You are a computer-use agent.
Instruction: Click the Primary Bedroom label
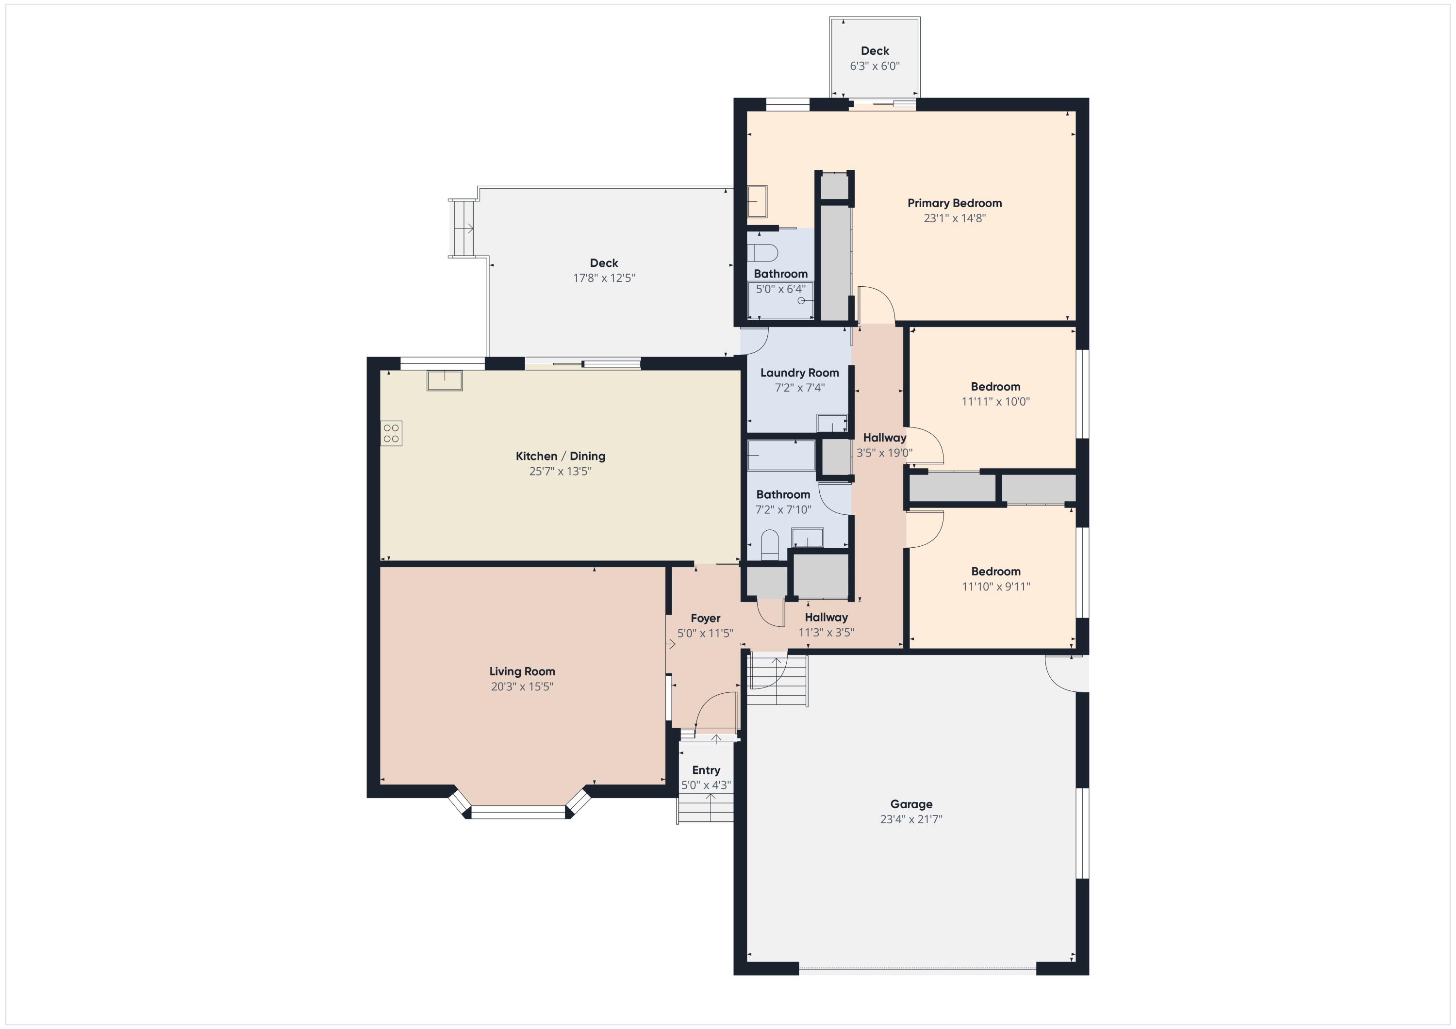[x=954, y=203]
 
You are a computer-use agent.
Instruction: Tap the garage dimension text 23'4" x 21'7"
[x=911, y=819]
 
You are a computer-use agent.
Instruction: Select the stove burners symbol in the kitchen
[x=391, y=434]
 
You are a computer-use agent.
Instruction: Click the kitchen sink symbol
[x=445, y=381]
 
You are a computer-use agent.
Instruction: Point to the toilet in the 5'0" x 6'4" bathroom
[x=762, y=252]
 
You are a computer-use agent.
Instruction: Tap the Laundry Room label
[x=800, y=373]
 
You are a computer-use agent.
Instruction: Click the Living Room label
[x=522, y=671]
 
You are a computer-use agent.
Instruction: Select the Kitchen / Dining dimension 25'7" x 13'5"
[x=561, y=471]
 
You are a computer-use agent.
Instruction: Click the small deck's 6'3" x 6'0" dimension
[x=875, y=66]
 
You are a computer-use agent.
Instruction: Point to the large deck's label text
[x=604, y=263]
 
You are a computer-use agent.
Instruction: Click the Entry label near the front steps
[x=706, y=770]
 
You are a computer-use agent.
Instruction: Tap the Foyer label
[x=706, y=618]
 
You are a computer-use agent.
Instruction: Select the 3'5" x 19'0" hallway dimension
[x=885, y=453]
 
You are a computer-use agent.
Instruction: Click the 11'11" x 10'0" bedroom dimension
[x=995, y=401]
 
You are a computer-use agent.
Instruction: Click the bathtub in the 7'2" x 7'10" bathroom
[x=781, y=455]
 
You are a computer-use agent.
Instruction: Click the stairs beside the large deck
[x=463, y=228]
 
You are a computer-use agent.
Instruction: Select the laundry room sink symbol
[x=832, y=424]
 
